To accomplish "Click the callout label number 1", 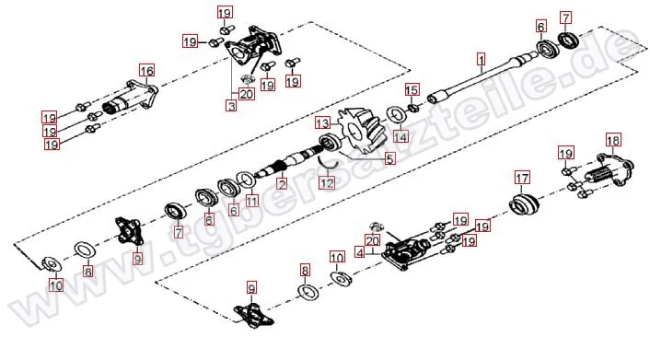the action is pos(481,60).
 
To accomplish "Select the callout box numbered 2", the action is pos(282,184).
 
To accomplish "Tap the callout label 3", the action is pos(232,105).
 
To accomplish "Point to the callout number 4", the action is pos(360,252).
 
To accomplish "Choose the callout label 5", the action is pos(389,158).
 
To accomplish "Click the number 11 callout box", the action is pos(251,201).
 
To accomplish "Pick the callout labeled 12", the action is pos(327,182).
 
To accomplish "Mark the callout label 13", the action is pos(323,123).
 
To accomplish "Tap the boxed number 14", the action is pos(400,136).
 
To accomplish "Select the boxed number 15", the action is pos(412,90).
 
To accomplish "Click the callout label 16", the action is pos(146,71).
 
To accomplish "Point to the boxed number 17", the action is pos(522,178).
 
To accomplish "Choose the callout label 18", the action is pos(613,140).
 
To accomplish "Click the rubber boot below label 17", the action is pos(524,204).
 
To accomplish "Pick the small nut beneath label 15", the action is pos(412,109).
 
